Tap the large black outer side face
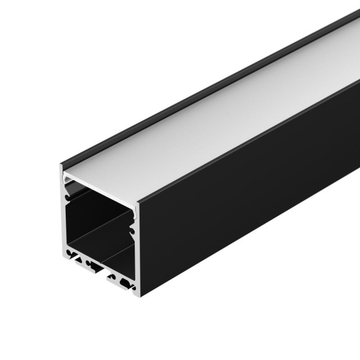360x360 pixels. [248, 205]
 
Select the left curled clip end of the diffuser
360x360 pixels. [70, 181]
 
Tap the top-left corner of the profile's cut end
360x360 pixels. [61, 166]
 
